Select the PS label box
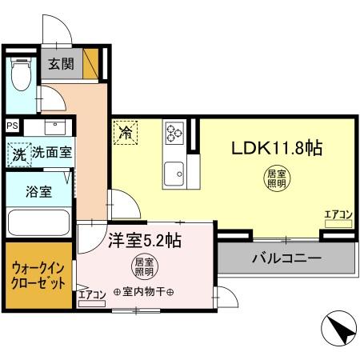pyautogui.click(x=11, y=125)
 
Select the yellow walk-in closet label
pyautogui.click(x=38, y=280)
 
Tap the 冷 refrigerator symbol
pyautogui.click(x=126, y=132)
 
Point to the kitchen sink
pyautogui.click(x=173, y=171)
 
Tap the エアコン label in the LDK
pyautogui.click(x=338, y=214)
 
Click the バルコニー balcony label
pyautogui.click(x=286, y=259)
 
